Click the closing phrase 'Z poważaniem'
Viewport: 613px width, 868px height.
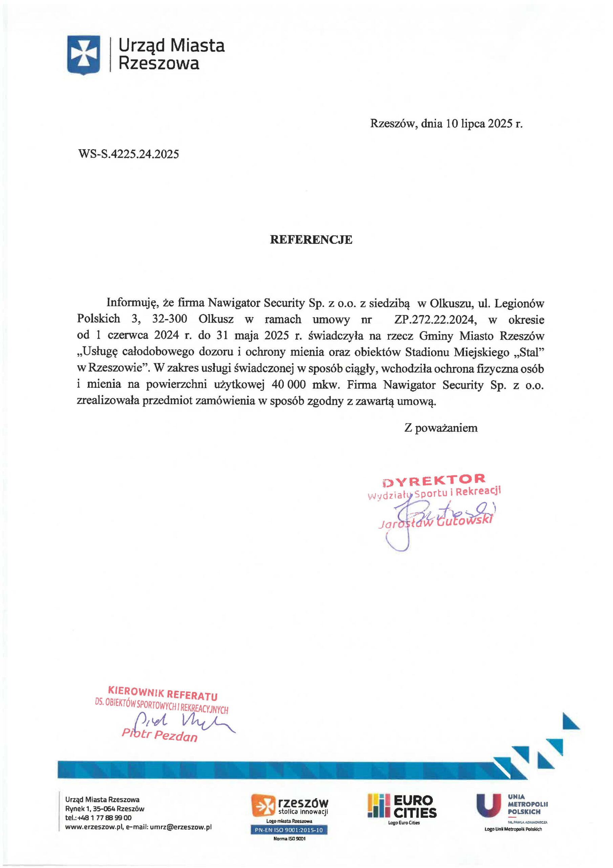pyautogui.click(x=441, y=428)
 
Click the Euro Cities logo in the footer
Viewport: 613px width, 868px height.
pyautogui.click(x=403, y=806)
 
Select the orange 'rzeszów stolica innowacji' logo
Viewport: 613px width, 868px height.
pyautogui.click(x=290, y=806)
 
